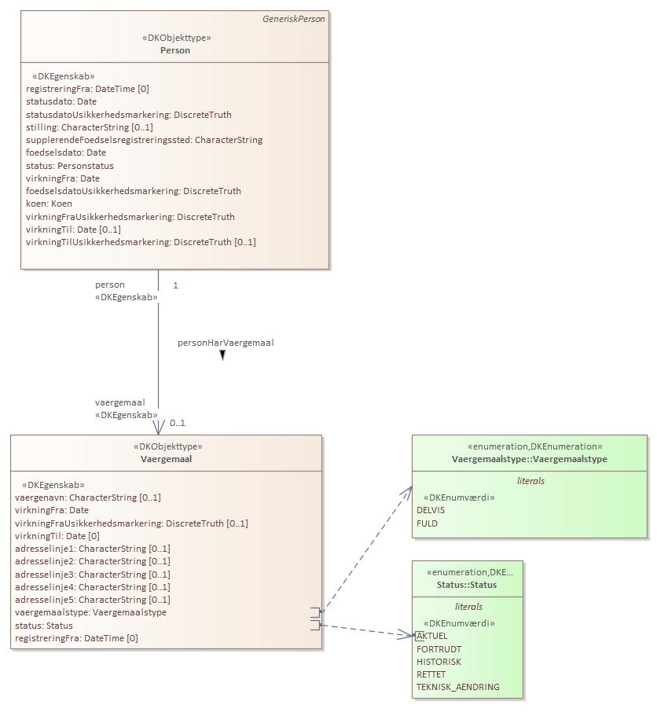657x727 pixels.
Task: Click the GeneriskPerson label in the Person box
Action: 293,19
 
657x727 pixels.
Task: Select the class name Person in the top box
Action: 174,50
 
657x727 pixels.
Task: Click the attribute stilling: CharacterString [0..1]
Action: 90,127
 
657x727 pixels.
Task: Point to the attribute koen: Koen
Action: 49,204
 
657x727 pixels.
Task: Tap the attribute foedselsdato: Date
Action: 66,152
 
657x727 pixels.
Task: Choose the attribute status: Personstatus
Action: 70,166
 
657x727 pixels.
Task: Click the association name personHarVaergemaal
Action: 226,343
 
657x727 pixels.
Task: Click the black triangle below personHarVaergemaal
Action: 222,355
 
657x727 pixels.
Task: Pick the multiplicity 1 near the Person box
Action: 175,285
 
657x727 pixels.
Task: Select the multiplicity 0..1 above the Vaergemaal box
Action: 178,423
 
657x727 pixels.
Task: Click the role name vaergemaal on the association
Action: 119,402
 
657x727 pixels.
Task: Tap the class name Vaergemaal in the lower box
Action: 166,459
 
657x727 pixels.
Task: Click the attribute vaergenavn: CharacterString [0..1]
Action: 88,498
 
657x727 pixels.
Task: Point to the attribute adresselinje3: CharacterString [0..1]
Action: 93,575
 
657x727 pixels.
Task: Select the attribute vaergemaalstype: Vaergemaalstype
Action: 90,612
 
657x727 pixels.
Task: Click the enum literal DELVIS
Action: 431,510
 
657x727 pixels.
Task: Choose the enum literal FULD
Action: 427,523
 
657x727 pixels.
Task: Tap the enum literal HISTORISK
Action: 439,662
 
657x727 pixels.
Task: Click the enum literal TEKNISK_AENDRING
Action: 457,687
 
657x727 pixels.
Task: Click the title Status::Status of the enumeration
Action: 467,585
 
